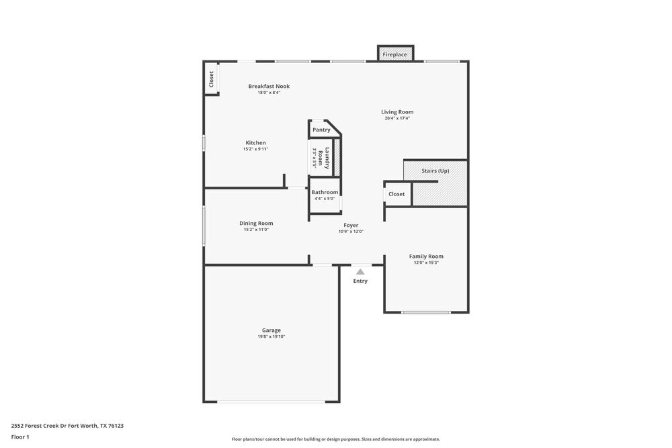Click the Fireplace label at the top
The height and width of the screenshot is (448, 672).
(394, 54)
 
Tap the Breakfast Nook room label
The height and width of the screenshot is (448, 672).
(269, 86)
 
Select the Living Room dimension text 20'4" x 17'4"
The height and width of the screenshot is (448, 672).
(397, 118)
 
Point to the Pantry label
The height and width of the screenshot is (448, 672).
(321, 130)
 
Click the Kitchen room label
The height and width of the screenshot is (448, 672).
(255, 142)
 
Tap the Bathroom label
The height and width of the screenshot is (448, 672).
(325, 192)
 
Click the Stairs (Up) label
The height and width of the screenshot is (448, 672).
(435, 171)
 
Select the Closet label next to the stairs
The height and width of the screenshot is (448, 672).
(396, 194)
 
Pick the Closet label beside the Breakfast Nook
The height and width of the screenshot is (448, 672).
(211, 79)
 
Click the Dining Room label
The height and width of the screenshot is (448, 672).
(256, 223)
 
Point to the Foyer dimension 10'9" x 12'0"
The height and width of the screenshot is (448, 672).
(351, 232)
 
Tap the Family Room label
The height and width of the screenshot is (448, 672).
(426, 256)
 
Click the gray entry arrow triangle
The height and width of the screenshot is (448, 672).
(360, 272)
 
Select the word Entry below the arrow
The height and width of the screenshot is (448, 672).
(360, 281)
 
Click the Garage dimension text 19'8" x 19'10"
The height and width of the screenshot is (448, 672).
(271, 337)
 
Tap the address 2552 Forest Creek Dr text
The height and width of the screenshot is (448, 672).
(67, 425)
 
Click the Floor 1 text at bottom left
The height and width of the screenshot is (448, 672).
(20, 437)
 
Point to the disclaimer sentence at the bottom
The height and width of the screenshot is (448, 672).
(336, 439)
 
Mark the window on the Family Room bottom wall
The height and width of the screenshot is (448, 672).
(426, 312)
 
